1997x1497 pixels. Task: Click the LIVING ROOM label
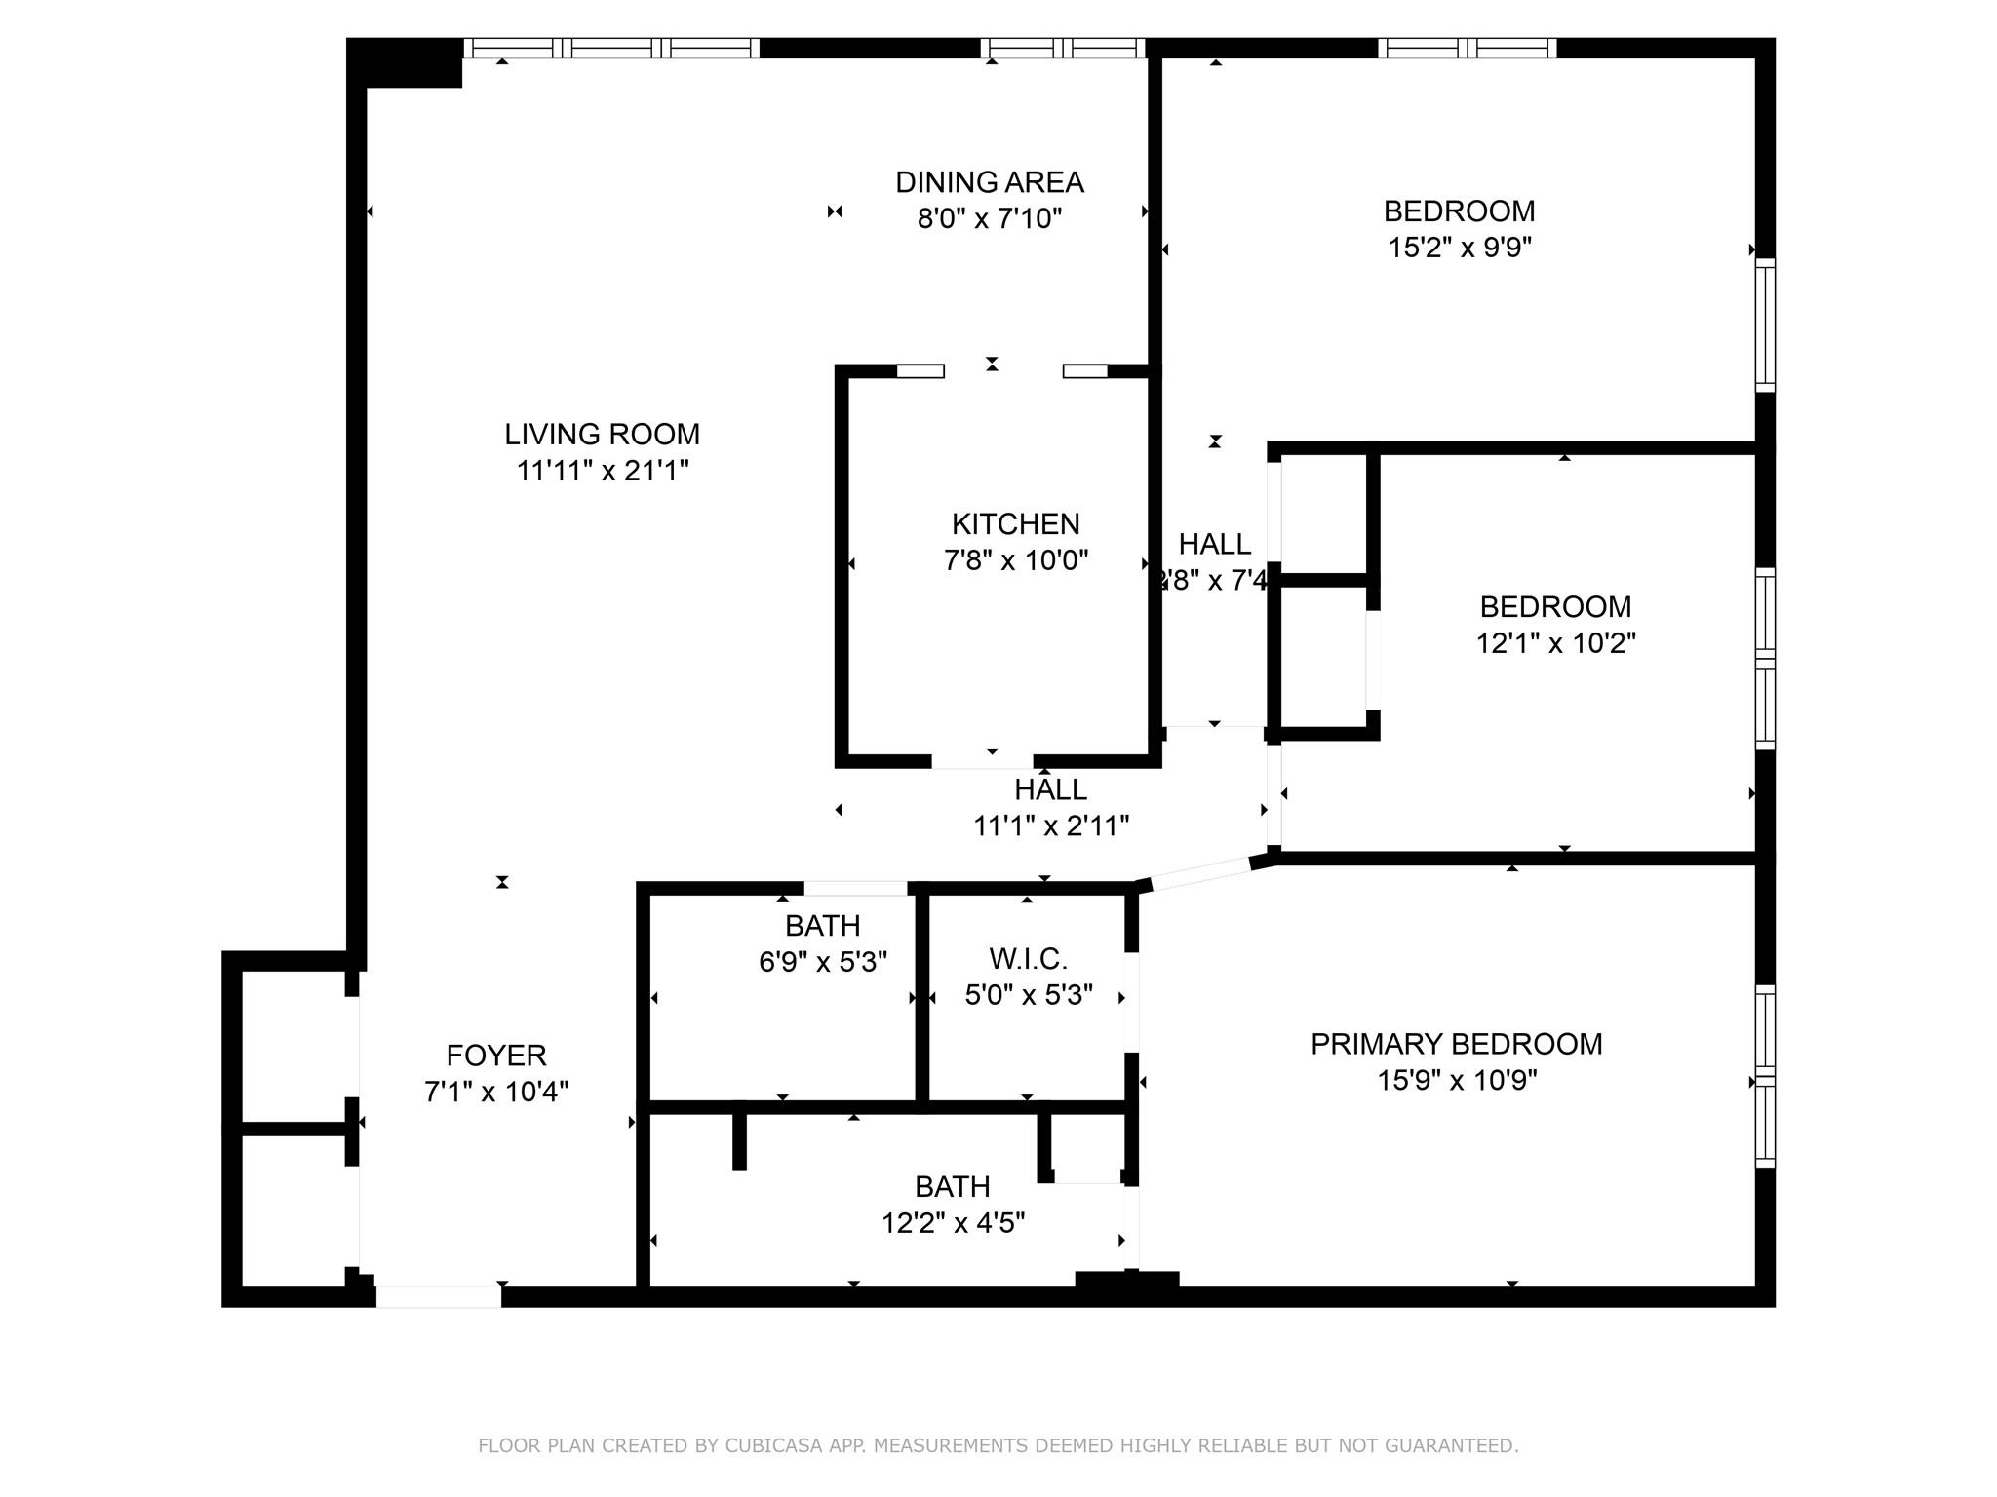click(602, 434)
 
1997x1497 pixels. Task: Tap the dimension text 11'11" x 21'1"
click(602, 471)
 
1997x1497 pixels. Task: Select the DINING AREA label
click(989, 182)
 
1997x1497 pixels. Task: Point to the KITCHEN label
click(1015, 524)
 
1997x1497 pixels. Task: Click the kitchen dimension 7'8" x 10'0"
click(1015, 560)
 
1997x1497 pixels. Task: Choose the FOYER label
click(496, 1056)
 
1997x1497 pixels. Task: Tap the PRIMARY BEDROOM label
click(1456, 1044)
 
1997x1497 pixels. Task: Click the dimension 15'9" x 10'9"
click(1456, 1081)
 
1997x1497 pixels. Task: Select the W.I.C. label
click(1028, 959)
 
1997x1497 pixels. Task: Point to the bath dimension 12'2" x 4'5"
click(953, 1223)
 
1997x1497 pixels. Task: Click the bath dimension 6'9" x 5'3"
click(822, 963)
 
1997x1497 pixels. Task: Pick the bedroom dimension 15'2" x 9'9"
click(1459, 248)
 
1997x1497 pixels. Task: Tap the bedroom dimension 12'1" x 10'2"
click(1555, 643)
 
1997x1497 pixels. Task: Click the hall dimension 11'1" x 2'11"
click(1050, 826)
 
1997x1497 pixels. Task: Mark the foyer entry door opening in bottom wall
click(438, 1296)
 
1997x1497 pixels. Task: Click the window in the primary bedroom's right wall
click(1765, 1076)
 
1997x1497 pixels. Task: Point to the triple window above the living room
click(611, 48)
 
